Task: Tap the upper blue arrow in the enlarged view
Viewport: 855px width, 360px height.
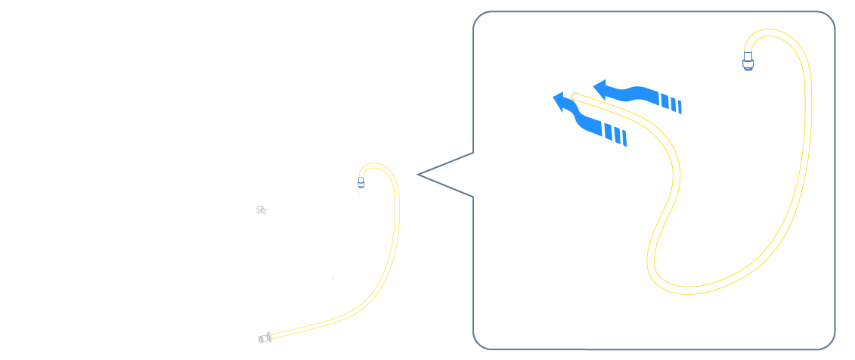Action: pyautogui.click(x=635, y=92)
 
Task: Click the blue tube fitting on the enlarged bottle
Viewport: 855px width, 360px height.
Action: pyautogui.click(x=748, y=60)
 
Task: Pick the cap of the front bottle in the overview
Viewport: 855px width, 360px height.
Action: pyautogui.click(x=398, y=204)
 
